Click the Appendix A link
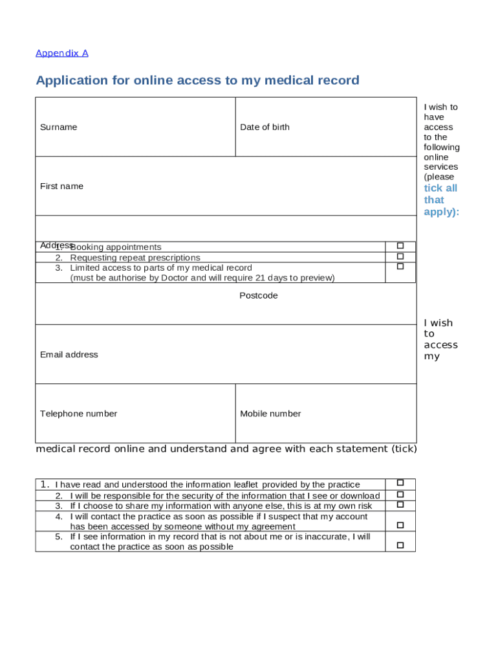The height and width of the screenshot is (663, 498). click(x=61, y=53)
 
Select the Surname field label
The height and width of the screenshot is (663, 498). click(x=58, y=127)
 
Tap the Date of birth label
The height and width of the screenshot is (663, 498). click(x=265, y=127)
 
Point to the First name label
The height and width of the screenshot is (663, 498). click(x=61, y=186)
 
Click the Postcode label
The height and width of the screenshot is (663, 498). click(x=258, y=295)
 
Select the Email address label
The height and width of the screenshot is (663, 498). click(x=69, y=354)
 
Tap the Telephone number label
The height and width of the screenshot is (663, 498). click(x=78, y=414)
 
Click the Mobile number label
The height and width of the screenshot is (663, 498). click(x=270, y=414)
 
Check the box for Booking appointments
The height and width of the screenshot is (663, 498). click(x=400, y=246)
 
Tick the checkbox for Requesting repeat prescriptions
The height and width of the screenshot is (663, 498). click(x=400, y=256)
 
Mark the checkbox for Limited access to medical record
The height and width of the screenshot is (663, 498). click(x=400, y=266)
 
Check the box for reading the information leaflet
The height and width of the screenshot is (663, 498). click(x=400, y=483)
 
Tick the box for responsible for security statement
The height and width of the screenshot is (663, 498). click(x=400, y=494)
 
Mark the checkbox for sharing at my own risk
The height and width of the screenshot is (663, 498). click(x=400, y=504)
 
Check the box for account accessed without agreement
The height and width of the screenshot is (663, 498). click(x=400, y=524)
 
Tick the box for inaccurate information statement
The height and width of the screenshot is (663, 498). click(x=400, y=545)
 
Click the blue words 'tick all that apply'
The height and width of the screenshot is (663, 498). click(x=441, y=200)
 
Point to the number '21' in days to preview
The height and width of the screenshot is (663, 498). click(x=259, y=278)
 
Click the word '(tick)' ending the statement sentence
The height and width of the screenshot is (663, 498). click(x=404, y=449)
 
